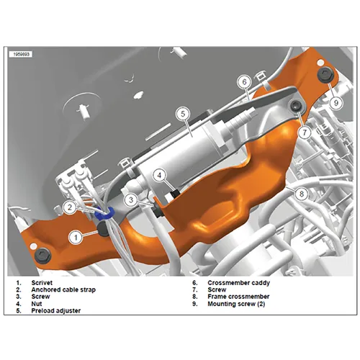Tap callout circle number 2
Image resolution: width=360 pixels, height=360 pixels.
(70, 207)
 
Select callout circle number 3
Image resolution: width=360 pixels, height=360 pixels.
(132, 199)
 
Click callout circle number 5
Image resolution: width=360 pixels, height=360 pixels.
(183, 113)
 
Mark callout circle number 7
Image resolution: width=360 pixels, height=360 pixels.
(305, 132)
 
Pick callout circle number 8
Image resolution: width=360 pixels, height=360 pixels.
(302, 193)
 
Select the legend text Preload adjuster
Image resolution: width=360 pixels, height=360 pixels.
(55, 311)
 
